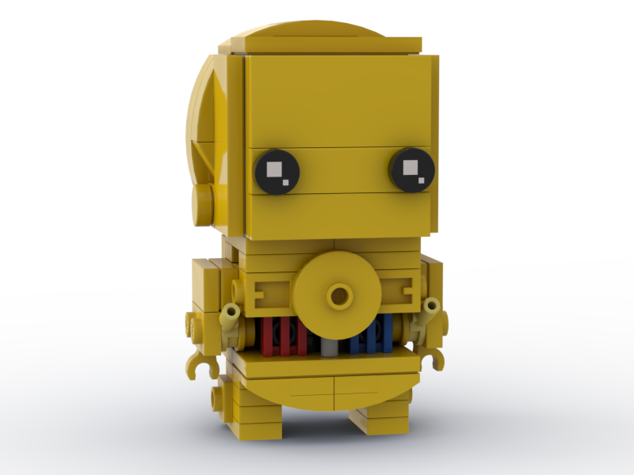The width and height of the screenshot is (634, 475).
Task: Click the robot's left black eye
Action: [x=277, y=170]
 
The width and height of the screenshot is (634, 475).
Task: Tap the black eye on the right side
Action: [x=412, y=169]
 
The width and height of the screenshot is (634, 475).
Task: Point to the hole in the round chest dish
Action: [x=339, y=296]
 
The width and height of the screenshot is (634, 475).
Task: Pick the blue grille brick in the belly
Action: [x=376, y=334]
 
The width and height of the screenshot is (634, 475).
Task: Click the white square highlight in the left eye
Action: [x=273, y=168]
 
